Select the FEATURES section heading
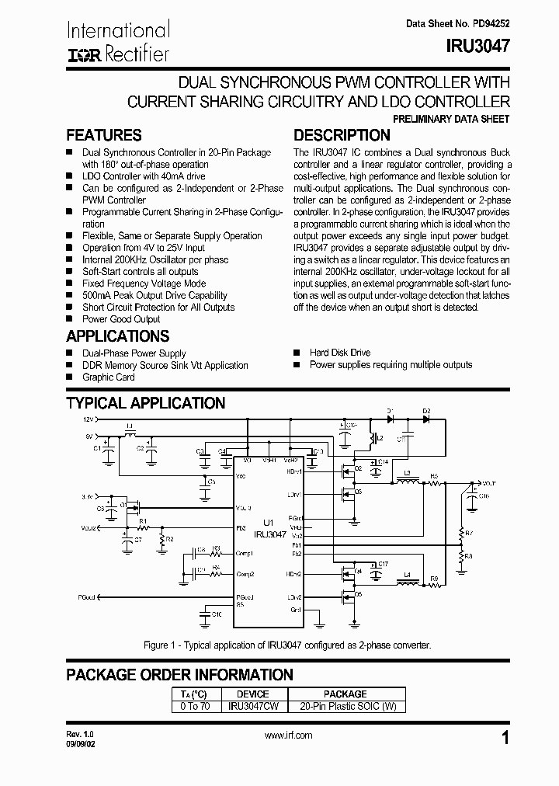[104, 135]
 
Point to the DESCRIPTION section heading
[342, 135]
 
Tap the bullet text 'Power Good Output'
[121, 319]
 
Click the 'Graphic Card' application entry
[109, 377]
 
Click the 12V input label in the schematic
[88, 419]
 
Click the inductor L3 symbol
[405, 482]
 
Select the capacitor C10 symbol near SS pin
[205, 614]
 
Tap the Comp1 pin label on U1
[245, 553]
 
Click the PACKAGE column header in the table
[345, 694]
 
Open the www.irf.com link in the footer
[288, 735]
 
